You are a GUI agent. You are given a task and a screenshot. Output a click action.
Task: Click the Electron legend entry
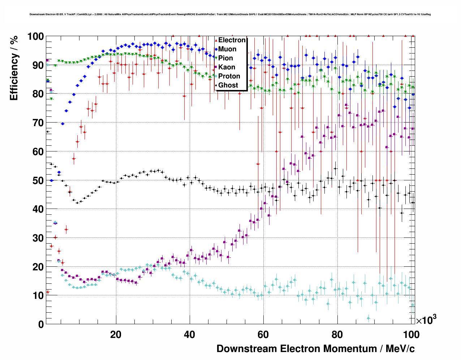click(232, 40)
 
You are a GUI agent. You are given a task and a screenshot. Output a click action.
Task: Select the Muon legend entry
click(227, 49)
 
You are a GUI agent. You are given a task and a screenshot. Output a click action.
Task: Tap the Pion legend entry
click(225, 58)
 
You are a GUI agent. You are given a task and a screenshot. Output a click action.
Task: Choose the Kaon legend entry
click(227, 67)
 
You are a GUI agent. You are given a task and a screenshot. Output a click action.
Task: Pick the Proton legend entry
click(229, 76)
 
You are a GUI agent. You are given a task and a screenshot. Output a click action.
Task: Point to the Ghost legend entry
click(228, 85)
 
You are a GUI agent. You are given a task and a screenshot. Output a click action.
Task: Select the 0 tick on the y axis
click(40, 324)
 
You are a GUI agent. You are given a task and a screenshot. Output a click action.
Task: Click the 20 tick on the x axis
click(116, 334)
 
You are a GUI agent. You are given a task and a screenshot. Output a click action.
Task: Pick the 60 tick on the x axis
click(263, 334)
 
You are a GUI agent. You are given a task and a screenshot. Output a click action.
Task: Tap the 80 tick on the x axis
click(337, 334)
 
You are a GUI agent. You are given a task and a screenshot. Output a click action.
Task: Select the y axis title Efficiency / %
click(14, 68)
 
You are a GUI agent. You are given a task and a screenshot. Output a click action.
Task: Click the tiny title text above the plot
click(230, 14)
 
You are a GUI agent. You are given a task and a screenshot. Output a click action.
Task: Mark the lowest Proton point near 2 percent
click(368, 318)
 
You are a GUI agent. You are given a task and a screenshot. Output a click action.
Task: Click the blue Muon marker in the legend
click(216, 49)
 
